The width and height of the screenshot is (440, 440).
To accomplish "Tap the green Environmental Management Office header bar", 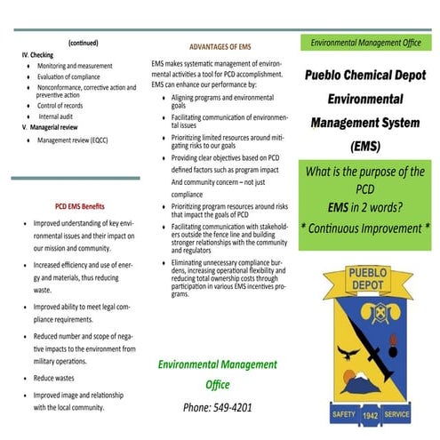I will click(x=368, y=43).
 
